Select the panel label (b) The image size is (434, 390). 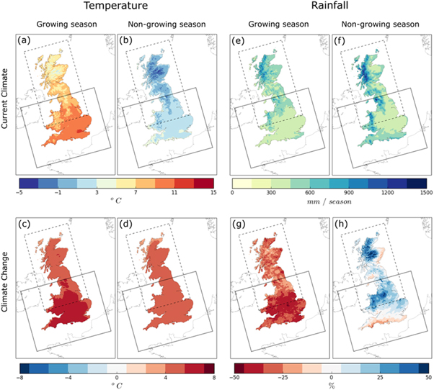[x=124, y=40]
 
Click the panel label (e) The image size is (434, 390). [x=239, y=40]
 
